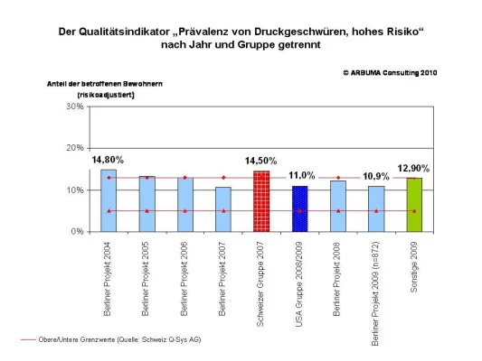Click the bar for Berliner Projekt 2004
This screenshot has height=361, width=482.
pyautogui.click(x=109, y=200)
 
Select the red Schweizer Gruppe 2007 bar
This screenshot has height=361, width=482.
pyautogui.click(x=261, y=201)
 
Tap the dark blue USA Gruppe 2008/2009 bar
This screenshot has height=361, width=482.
pyautogui.click(x=299, y=208)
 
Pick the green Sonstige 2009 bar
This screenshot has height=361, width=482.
pyautogui.click(x=414, y=204)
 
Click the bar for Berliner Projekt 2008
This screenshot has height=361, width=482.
pyautogui.click(x=338, y=206)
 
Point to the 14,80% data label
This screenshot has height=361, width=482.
pyautogui.click(x=108, y=160)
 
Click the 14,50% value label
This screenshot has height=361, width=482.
pyautogui.click(x=261, y=161)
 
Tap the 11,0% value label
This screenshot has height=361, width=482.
pyautogui.click(x=301, y=175)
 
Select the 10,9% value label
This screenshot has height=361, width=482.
pyautogui.click(x=376, y=175)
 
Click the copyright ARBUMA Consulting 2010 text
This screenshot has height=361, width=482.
pyautogui.click(x=390, y=71)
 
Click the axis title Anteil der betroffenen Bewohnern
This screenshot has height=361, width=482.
pyautogui.click(x=104, y=83)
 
